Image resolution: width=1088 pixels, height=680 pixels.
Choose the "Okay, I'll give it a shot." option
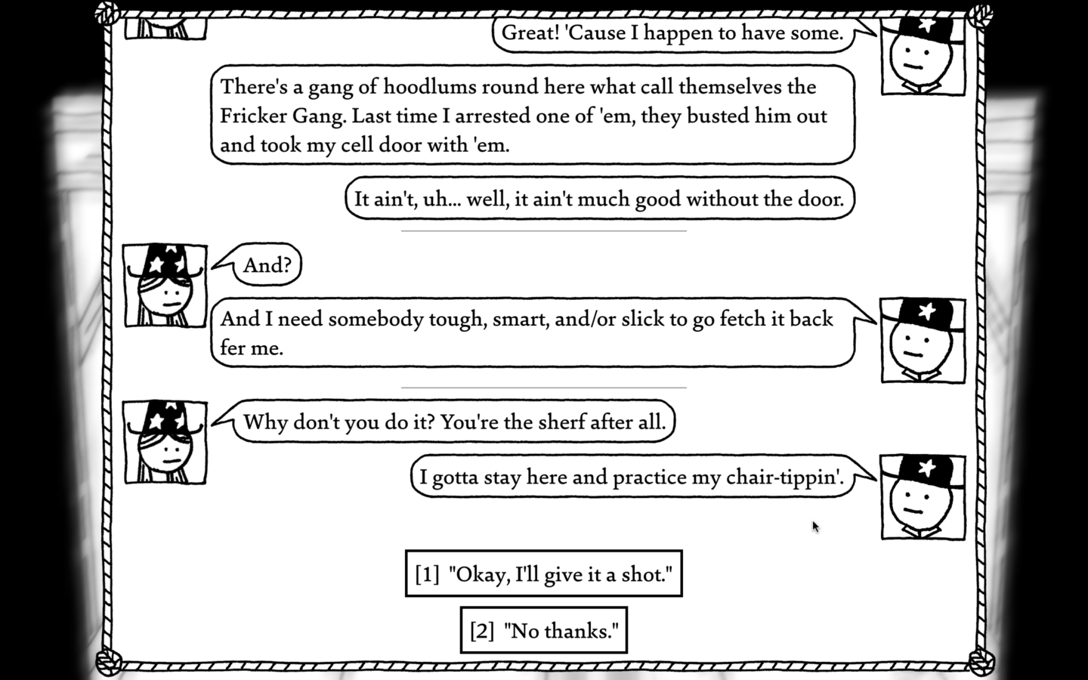(543, 573)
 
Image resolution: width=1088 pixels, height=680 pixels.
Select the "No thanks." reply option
(543, 630)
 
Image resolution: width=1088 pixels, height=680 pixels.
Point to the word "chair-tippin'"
(784, 478)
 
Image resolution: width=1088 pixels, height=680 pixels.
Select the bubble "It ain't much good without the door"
(600, 198)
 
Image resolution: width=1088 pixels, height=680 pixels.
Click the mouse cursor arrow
(815, 527)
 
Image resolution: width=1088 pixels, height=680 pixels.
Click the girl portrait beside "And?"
(165, 285)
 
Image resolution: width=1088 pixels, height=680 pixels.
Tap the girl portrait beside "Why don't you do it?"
(165, 442)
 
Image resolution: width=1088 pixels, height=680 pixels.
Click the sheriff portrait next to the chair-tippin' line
(923, 497)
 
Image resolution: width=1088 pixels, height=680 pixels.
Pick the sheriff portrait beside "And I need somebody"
(923, 341)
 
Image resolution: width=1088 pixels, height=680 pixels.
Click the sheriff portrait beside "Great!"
(923, 55)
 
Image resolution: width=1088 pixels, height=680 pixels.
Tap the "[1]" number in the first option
(427, 574)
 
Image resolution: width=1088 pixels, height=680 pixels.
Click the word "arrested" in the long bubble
(487, 116)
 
